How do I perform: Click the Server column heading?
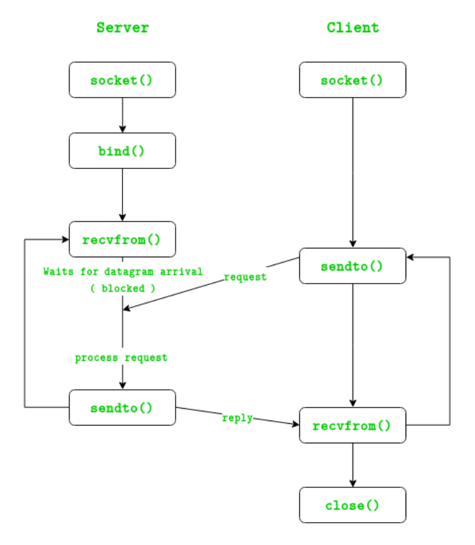[x=123, y=28]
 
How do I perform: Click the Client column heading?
[x=352, y=28]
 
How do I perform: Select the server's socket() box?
[x=123, y=80]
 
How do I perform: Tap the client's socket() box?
[x=352, y=80]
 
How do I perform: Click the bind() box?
[x=123, y=151]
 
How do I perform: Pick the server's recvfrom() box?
[x=123, y=239]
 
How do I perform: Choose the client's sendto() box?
[x=352, y=266]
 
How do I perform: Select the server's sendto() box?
[x=123, y=407]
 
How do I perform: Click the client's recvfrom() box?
[x=352, y=426]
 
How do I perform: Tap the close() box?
[x=352, y=506]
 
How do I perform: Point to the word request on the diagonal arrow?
[x=245, y=277]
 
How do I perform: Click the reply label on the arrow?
[x=237, y=418]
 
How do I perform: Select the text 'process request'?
[x=121, y=358]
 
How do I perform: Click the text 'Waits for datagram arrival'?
[x=123, y=271]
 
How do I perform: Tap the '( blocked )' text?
[x=123, y=288]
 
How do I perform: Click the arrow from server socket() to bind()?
[x=123, y=115]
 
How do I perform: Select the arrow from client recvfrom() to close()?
[x=353, y=465]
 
